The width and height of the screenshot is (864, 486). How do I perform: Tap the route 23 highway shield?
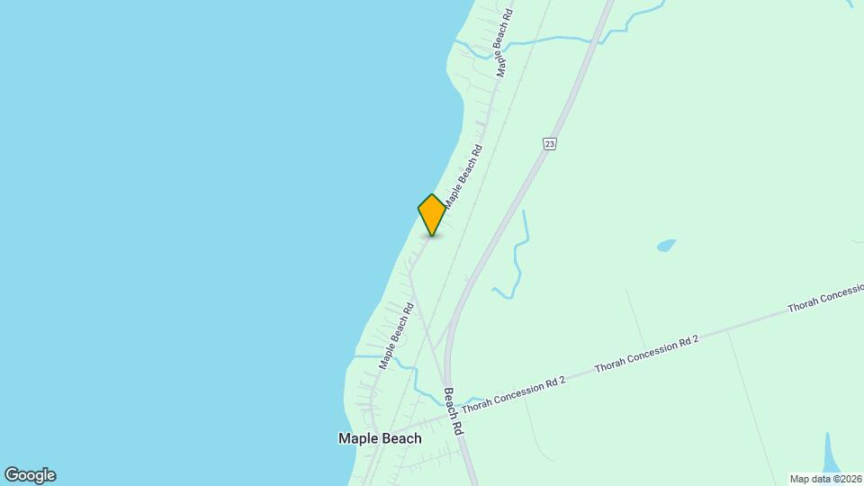coord(550,143)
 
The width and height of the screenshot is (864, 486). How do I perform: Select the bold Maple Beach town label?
coord(379,438)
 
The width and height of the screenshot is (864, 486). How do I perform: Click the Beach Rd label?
coord(453,412)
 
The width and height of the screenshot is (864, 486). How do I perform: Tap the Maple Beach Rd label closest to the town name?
coord(396,336)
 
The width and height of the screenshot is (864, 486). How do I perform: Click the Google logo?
coord(30,475)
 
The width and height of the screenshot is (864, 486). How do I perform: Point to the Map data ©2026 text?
coord(825,478)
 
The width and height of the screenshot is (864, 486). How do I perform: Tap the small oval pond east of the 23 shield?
coord(666,245)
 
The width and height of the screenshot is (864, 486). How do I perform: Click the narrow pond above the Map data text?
coord(830,452)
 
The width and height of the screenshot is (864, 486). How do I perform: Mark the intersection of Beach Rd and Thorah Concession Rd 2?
coord(448,415)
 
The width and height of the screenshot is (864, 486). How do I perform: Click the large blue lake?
coord(180,225)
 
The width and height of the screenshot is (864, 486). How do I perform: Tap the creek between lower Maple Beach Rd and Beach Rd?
coord(423,378)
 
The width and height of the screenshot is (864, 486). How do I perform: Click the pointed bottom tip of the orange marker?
coord(432,235)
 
